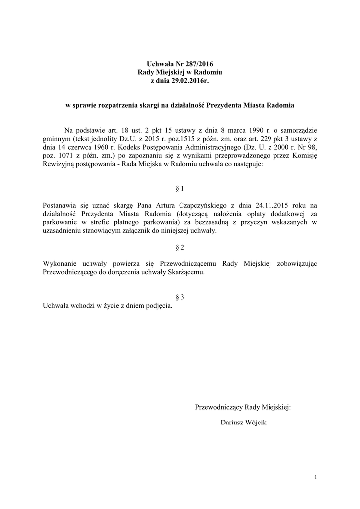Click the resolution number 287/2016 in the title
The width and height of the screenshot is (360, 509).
point(202,64)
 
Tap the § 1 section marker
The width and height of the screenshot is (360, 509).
point(180,189)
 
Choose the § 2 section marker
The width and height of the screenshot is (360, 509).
point(180,247)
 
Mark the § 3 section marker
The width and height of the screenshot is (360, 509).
point(180,297)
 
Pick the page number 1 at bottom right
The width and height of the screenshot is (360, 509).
point(315,478)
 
